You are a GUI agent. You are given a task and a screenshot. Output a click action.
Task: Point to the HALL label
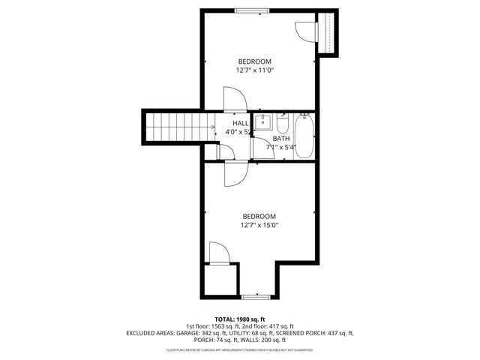coord(240,123)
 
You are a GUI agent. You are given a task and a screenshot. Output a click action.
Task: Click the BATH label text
coord(280,139)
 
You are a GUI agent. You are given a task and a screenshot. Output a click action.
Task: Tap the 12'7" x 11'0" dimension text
coord(254,70)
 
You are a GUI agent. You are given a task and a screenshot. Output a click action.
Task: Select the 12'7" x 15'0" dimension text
coord(254,225)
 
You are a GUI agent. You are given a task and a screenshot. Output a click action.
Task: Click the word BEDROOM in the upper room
coord(254,61)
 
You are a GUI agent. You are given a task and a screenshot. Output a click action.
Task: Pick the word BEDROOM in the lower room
coord(254,216)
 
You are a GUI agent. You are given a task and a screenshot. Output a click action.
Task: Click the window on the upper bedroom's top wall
coord(251,10)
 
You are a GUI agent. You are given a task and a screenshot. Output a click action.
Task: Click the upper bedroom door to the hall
coord(233,99)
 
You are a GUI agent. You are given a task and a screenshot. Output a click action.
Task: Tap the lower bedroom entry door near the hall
coord(234,174)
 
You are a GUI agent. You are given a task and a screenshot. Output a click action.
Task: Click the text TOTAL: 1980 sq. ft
coord(239,318)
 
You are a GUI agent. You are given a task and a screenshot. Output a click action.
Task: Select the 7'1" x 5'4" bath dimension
coord(281,148)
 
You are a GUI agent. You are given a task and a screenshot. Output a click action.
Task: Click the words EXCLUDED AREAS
coord(151,332)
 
